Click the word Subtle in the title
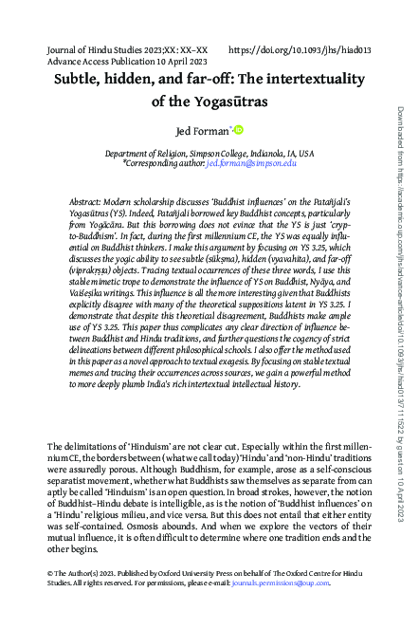(x=79, y=79)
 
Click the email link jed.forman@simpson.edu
(x=251, y=163)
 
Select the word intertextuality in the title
(x=314, y=79)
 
